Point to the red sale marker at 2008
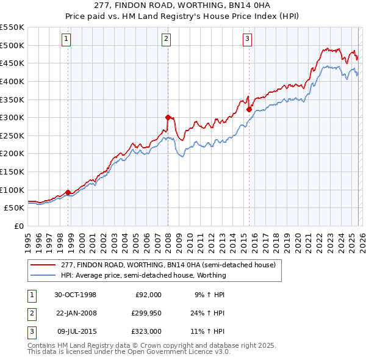tap(168, 117)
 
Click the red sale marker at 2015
tap(249, 109)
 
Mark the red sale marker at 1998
tap(68, 192)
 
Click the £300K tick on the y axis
tap(12, 117)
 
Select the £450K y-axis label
tap(12, 63)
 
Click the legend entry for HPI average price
tap(143, 275)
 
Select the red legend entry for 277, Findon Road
tap(168, 265)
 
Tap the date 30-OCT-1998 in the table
tap(75, 295)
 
